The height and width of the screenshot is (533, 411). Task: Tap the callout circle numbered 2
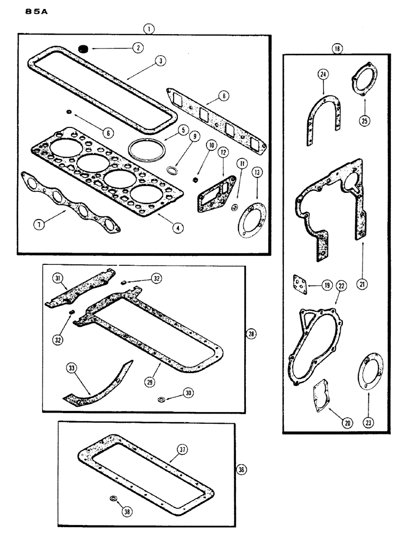(137, 47)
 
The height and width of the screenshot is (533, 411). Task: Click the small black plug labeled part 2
(83, 49)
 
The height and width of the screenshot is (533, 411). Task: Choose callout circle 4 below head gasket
(179, 227)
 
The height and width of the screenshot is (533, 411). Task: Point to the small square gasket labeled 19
(301, 285)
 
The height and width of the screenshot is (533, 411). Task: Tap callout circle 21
(363, 285)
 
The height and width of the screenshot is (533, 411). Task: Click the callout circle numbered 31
(59, 278)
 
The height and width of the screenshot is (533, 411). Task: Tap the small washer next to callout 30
(161, 399)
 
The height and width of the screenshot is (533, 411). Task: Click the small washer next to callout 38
(113, 498)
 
